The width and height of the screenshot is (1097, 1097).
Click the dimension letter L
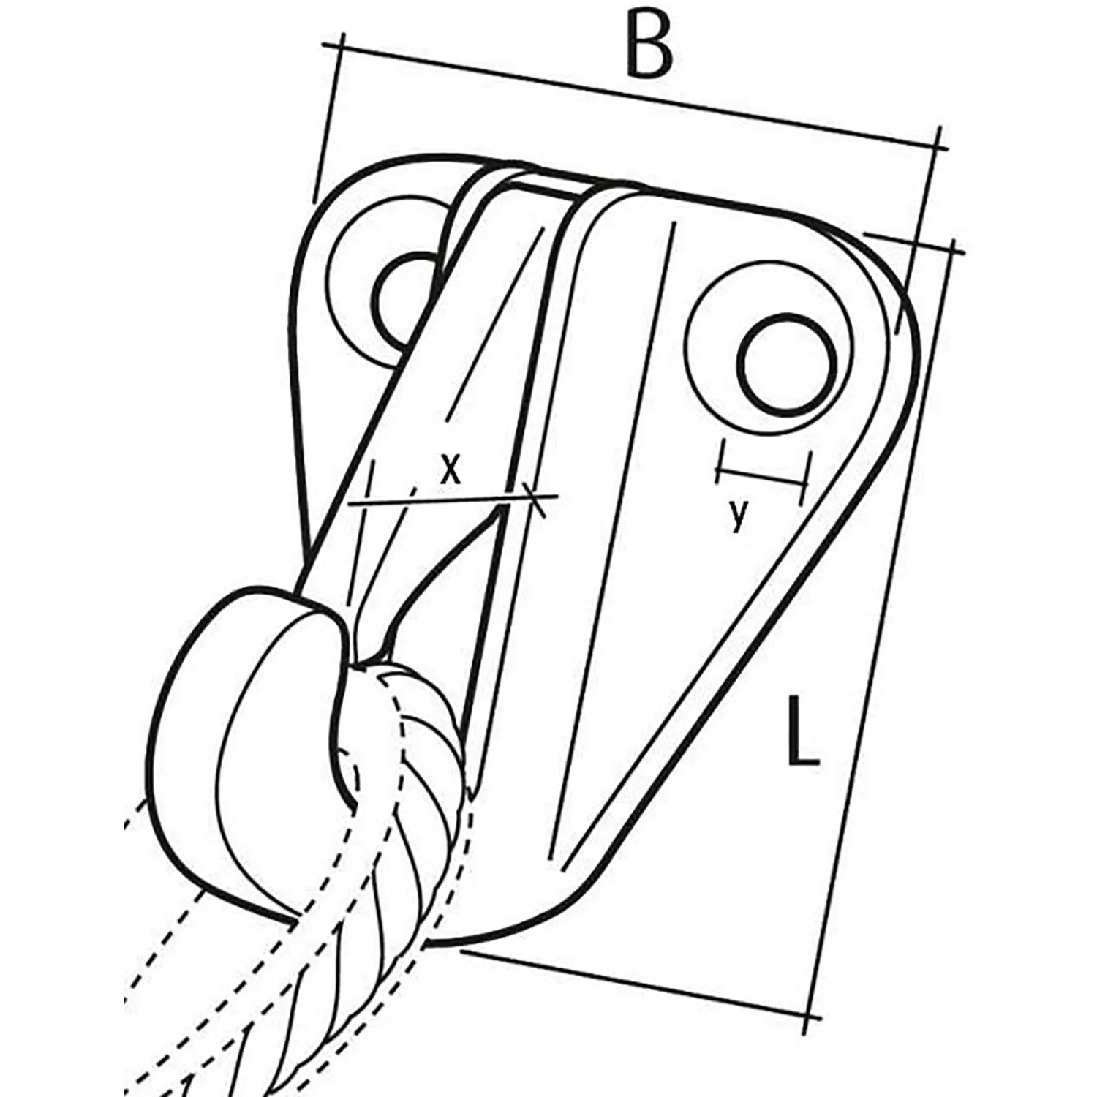(x=802, y=731)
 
